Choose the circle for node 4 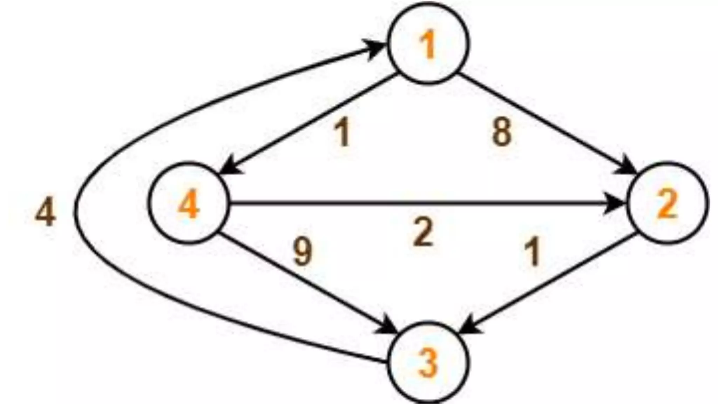(x=188, y=203)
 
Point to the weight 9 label (x=303, y=251)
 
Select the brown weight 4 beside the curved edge (x=46, y=212)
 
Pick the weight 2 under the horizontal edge (x=423, y=232)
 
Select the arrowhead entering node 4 (x=231, y=167)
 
